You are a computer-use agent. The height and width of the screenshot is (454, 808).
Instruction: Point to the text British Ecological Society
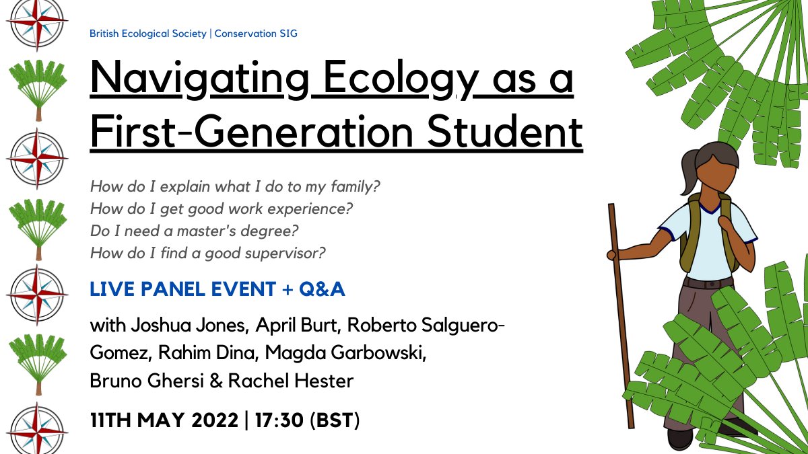[x=148, y=33]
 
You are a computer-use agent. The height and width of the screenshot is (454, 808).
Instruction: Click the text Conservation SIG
[x=256, y=33]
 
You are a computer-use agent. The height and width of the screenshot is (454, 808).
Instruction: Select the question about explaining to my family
[x=236, y=186]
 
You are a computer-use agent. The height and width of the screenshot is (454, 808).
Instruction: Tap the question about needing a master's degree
[x=194, y=231]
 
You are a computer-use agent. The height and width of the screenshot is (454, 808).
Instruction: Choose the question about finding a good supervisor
[x=207, y=254]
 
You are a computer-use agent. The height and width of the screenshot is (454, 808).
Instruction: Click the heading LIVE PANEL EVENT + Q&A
[x=217, y=290]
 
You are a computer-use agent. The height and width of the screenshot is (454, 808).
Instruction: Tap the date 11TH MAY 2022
[x=164, y=420]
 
